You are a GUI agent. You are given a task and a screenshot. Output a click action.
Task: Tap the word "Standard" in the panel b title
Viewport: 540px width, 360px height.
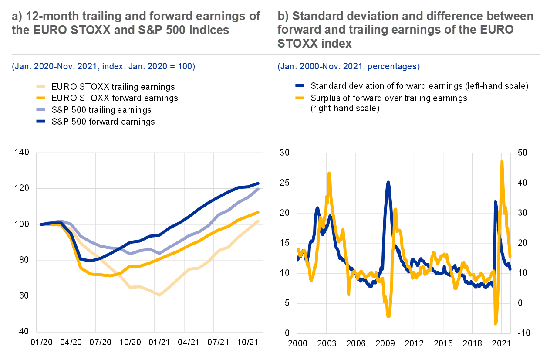point(317,17)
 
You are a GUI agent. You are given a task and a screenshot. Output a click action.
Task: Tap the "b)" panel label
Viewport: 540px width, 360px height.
point(283,17)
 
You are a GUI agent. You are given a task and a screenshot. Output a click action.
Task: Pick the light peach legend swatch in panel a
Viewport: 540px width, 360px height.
point(40,87)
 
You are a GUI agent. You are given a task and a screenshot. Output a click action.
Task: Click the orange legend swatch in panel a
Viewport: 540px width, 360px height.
point(40,98)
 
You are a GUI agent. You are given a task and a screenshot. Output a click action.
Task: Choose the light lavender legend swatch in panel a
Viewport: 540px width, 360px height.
point(40,109)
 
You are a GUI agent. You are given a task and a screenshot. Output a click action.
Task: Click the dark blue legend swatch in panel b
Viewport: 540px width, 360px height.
point(300,86)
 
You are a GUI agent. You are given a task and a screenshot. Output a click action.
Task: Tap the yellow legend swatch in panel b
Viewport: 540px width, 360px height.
point(300,98)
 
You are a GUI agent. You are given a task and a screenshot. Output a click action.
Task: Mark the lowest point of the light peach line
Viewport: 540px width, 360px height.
point(159,295)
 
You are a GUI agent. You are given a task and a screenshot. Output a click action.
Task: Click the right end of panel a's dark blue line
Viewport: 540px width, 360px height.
point(259,183)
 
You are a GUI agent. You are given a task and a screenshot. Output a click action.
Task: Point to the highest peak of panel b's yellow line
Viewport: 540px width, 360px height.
point(502,161)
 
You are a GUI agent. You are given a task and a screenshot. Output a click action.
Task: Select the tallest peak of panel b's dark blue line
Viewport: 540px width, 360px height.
point(388,183)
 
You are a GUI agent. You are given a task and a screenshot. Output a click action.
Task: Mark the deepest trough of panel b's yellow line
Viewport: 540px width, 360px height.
point(496,323)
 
